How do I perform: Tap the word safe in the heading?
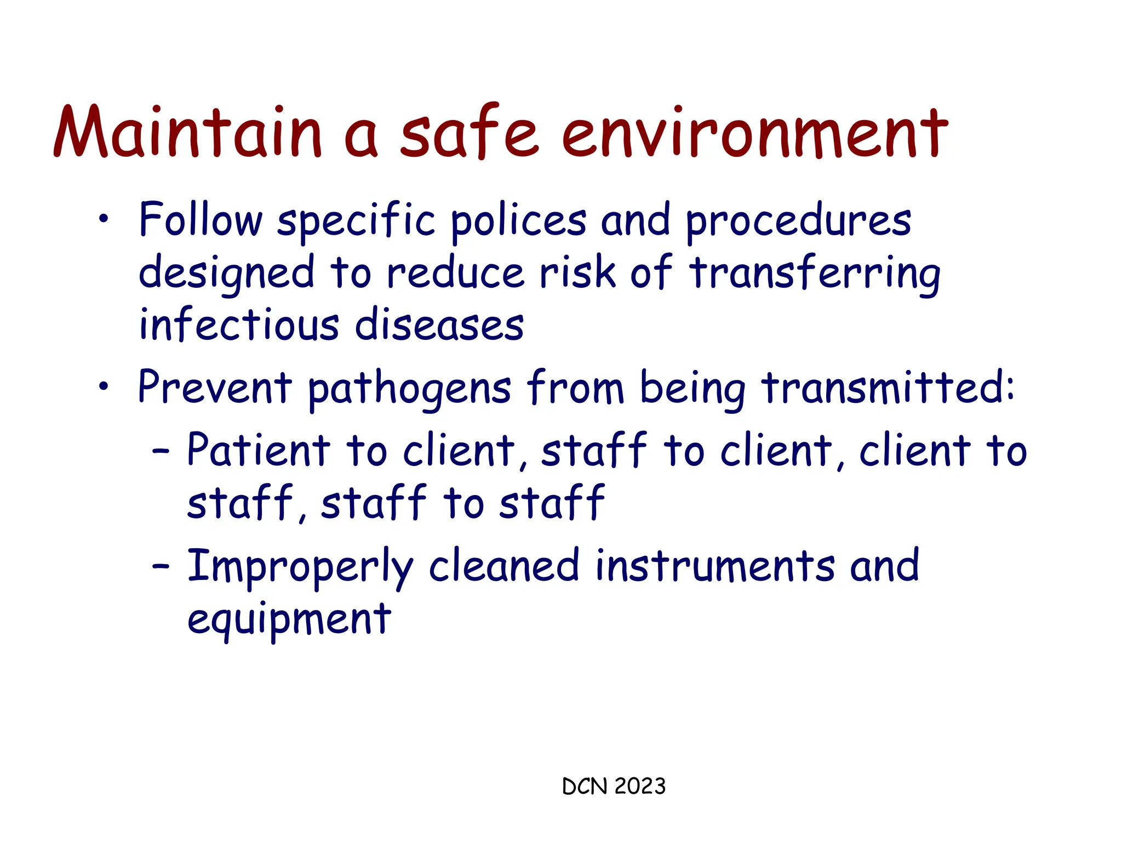point(469,132)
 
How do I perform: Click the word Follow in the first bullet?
point(201,219)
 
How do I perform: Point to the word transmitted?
point(887,387)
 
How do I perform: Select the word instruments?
point(714,566)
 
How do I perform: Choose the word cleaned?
point(503,566)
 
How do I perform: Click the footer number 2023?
point(639,786)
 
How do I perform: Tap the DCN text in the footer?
point(585,786)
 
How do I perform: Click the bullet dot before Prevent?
point(103,387)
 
